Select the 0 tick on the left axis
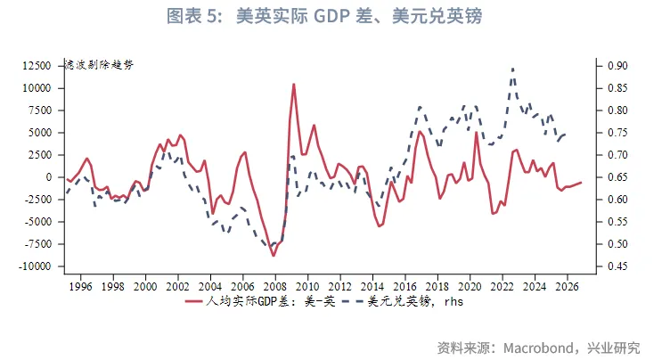tap(50, 177)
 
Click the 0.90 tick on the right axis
tap(617, 66)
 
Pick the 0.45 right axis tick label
tap(617, 266)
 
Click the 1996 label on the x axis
tap(80, 286)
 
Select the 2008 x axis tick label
tap(275, 286)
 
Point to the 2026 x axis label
tap(568, 286)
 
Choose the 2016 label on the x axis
tap(405, 286)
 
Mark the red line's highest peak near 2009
tap(294, 85)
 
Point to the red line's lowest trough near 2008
tap(274, 256)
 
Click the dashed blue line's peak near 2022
tap(512, 69)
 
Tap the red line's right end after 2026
tap(581, 182)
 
